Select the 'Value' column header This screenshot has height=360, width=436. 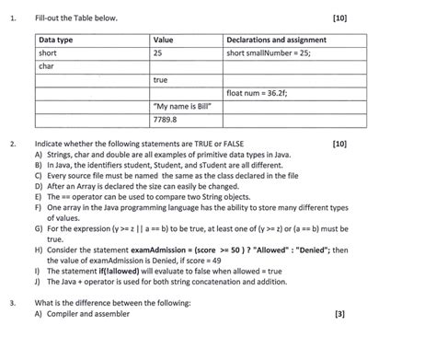(x=163, y=41)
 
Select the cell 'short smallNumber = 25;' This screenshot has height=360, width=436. (x=269, y=53)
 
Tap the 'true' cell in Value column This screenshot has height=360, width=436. (x=161, y=80)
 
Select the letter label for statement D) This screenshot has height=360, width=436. (x=38, y=184)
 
